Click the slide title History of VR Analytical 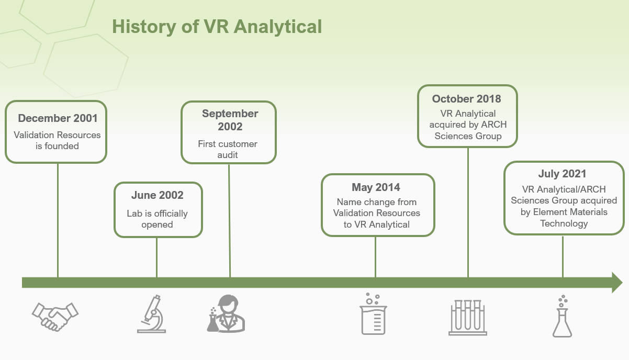pyautogui.click(x=217, y=27)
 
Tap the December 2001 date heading pyautogui.click(x=58, y=118)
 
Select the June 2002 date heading pyautogui.click(x=157, y=195)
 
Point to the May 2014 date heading pyautogui.click(x=376, y=187)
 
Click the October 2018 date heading pyautogui.click(x=466, y=99)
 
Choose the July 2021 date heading pyautogui.click(x=562, y=174)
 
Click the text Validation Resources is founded pyautogui.click(x=57, y=140)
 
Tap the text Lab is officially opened pyautogui.click(x=157, y=219)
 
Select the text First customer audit pyautogui.click(x=228, y=149)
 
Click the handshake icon pyautogui.click(x=55, y=317)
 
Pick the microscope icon pyautogui.click(x=152, y=314)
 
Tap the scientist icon pyautogui.click(x=226, y=313)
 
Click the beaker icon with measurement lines pyautogui.click(x=373, y=313)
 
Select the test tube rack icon pyautogui.click(x=467, y=318)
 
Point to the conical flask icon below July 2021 pyautogui.click(x=562, y=316)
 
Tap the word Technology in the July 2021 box pyautogui.click(x=564, y=223)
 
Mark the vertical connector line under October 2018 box pyautogui.click(x=468, y=212)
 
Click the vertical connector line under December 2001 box pyautogui.click(x=58, y=220)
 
